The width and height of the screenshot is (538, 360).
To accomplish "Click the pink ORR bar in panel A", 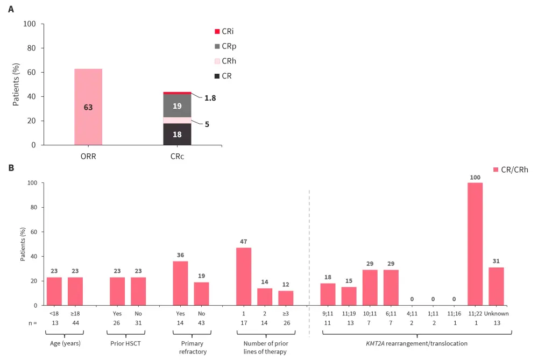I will pyautogui.click(x=88, y=107).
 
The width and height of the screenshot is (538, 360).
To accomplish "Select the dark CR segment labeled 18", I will pyautogui.click(x=177, y=135).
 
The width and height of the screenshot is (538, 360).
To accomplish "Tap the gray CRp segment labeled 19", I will pyautogui.click(x=177, y=106).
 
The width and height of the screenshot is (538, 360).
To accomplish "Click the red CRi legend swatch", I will pyautogui.click(x=217, y=32).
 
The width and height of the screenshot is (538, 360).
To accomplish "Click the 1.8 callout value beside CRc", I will pyautogui.click(x=210, y=98).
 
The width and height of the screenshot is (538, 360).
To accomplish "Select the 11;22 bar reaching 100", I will pyautogui.click(x=475, y=244).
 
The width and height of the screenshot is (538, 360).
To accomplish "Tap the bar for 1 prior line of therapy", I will pyautogui.click(x=244, y=276).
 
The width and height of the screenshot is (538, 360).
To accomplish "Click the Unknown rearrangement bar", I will pyautogui.click(x=496, y=286).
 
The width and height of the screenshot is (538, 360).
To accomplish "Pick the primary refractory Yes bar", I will pyautogui.click(x=180, y=283).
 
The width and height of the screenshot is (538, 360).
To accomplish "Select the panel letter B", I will pyautogui.click(x=11, y=168).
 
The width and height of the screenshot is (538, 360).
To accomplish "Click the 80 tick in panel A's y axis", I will pyautogui.click(x=32, y=48).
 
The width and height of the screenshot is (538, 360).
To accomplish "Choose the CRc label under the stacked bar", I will pyautogui.click(x=177, y=157).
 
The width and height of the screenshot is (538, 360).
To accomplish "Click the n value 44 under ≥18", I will pyautogui.click(x=75, y=323).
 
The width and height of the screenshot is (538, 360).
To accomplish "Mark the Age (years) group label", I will pyautogui.click(x=65, y=342).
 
